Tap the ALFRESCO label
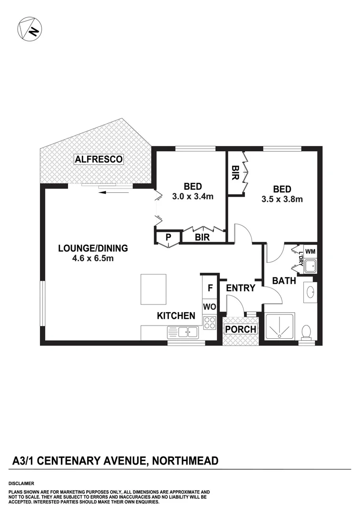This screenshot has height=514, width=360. click(99, 159)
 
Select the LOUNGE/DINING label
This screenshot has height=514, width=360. click(93, 248)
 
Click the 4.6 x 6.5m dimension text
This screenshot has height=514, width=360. click(93, 258)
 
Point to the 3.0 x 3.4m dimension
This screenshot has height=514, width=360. click(193, 196)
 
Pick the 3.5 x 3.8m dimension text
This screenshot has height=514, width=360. click(282, 199)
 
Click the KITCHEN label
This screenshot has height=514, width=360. click(176, 316)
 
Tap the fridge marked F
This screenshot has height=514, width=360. click(210, 288)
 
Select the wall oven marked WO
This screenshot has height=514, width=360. click(210, 306)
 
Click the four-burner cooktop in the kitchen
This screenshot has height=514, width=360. click(210, 323)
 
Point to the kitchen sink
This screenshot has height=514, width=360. click(183, 332)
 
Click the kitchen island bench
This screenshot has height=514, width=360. click(153, 289)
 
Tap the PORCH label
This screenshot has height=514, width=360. click(240, 329)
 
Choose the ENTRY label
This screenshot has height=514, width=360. click(241, 288)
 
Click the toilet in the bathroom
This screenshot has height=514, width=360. click(307, 331)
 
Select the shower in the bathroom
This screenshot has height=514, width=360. click(279, 327)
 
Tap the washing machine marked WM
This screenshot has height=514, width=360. click(310, 251)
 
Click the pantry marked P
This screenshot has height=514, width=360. click(168, 237)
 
